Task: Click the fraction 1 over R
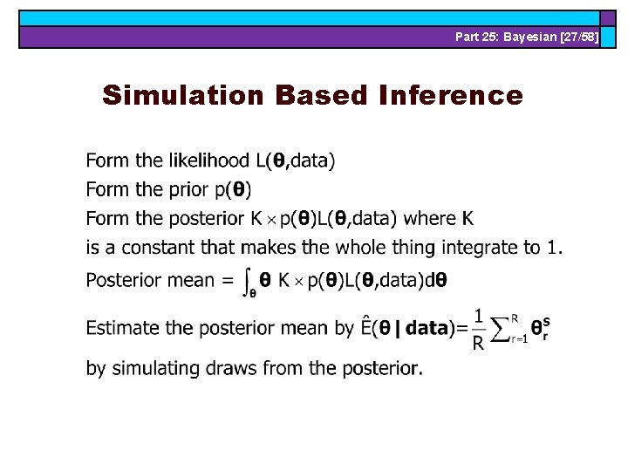click(x=477, y=329)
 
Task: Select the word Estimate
click(x=123, y=329)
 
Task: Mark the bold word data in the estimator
click(x=427, y=329)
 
